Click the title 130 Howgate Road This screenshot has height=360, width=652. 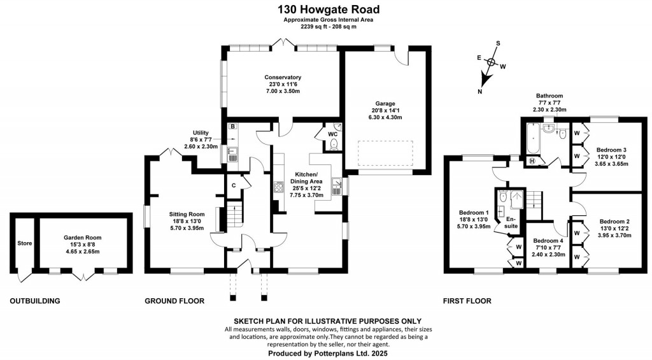pyautogui.click(x=328, y=10)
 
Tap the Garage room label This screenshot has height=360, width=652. pyautogui.click(x=385, y=103)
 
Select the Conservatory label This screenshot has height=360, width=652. pyautogui.click(x=283, y=78)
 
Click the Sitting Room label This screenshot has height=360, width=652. pyautogui.click(x=187, y=214)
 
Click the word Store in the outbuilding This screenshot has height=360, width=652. pyautogui.click(x=24, y=243)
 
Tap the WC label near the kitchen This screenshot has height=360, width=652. pyautogui.click(x=332, y=134)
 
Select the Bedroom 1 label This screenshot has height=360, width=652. pyautogui.click(x=474, y=213)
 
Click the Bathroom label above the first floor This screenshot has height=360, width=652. pyautogui.click(x=549, y=96)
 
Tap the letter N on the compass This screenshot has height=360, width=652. pyautogui.click(x=480, y=92)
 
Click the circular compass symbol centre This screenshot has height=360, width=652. pyautogui.click(x=491, y=62)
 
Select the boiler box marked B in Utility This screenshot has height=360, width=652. pyautogui.click(x=233, y=127)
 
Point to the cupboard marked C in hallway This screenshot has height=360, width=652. pyautogui.click(x=234, y=185)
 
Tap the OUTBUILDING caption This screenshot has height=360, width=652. pyautogui.click(x=35, y=301)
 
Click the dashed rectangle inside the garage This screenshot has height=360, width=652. pyautogui.click(x=385, y=154)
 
